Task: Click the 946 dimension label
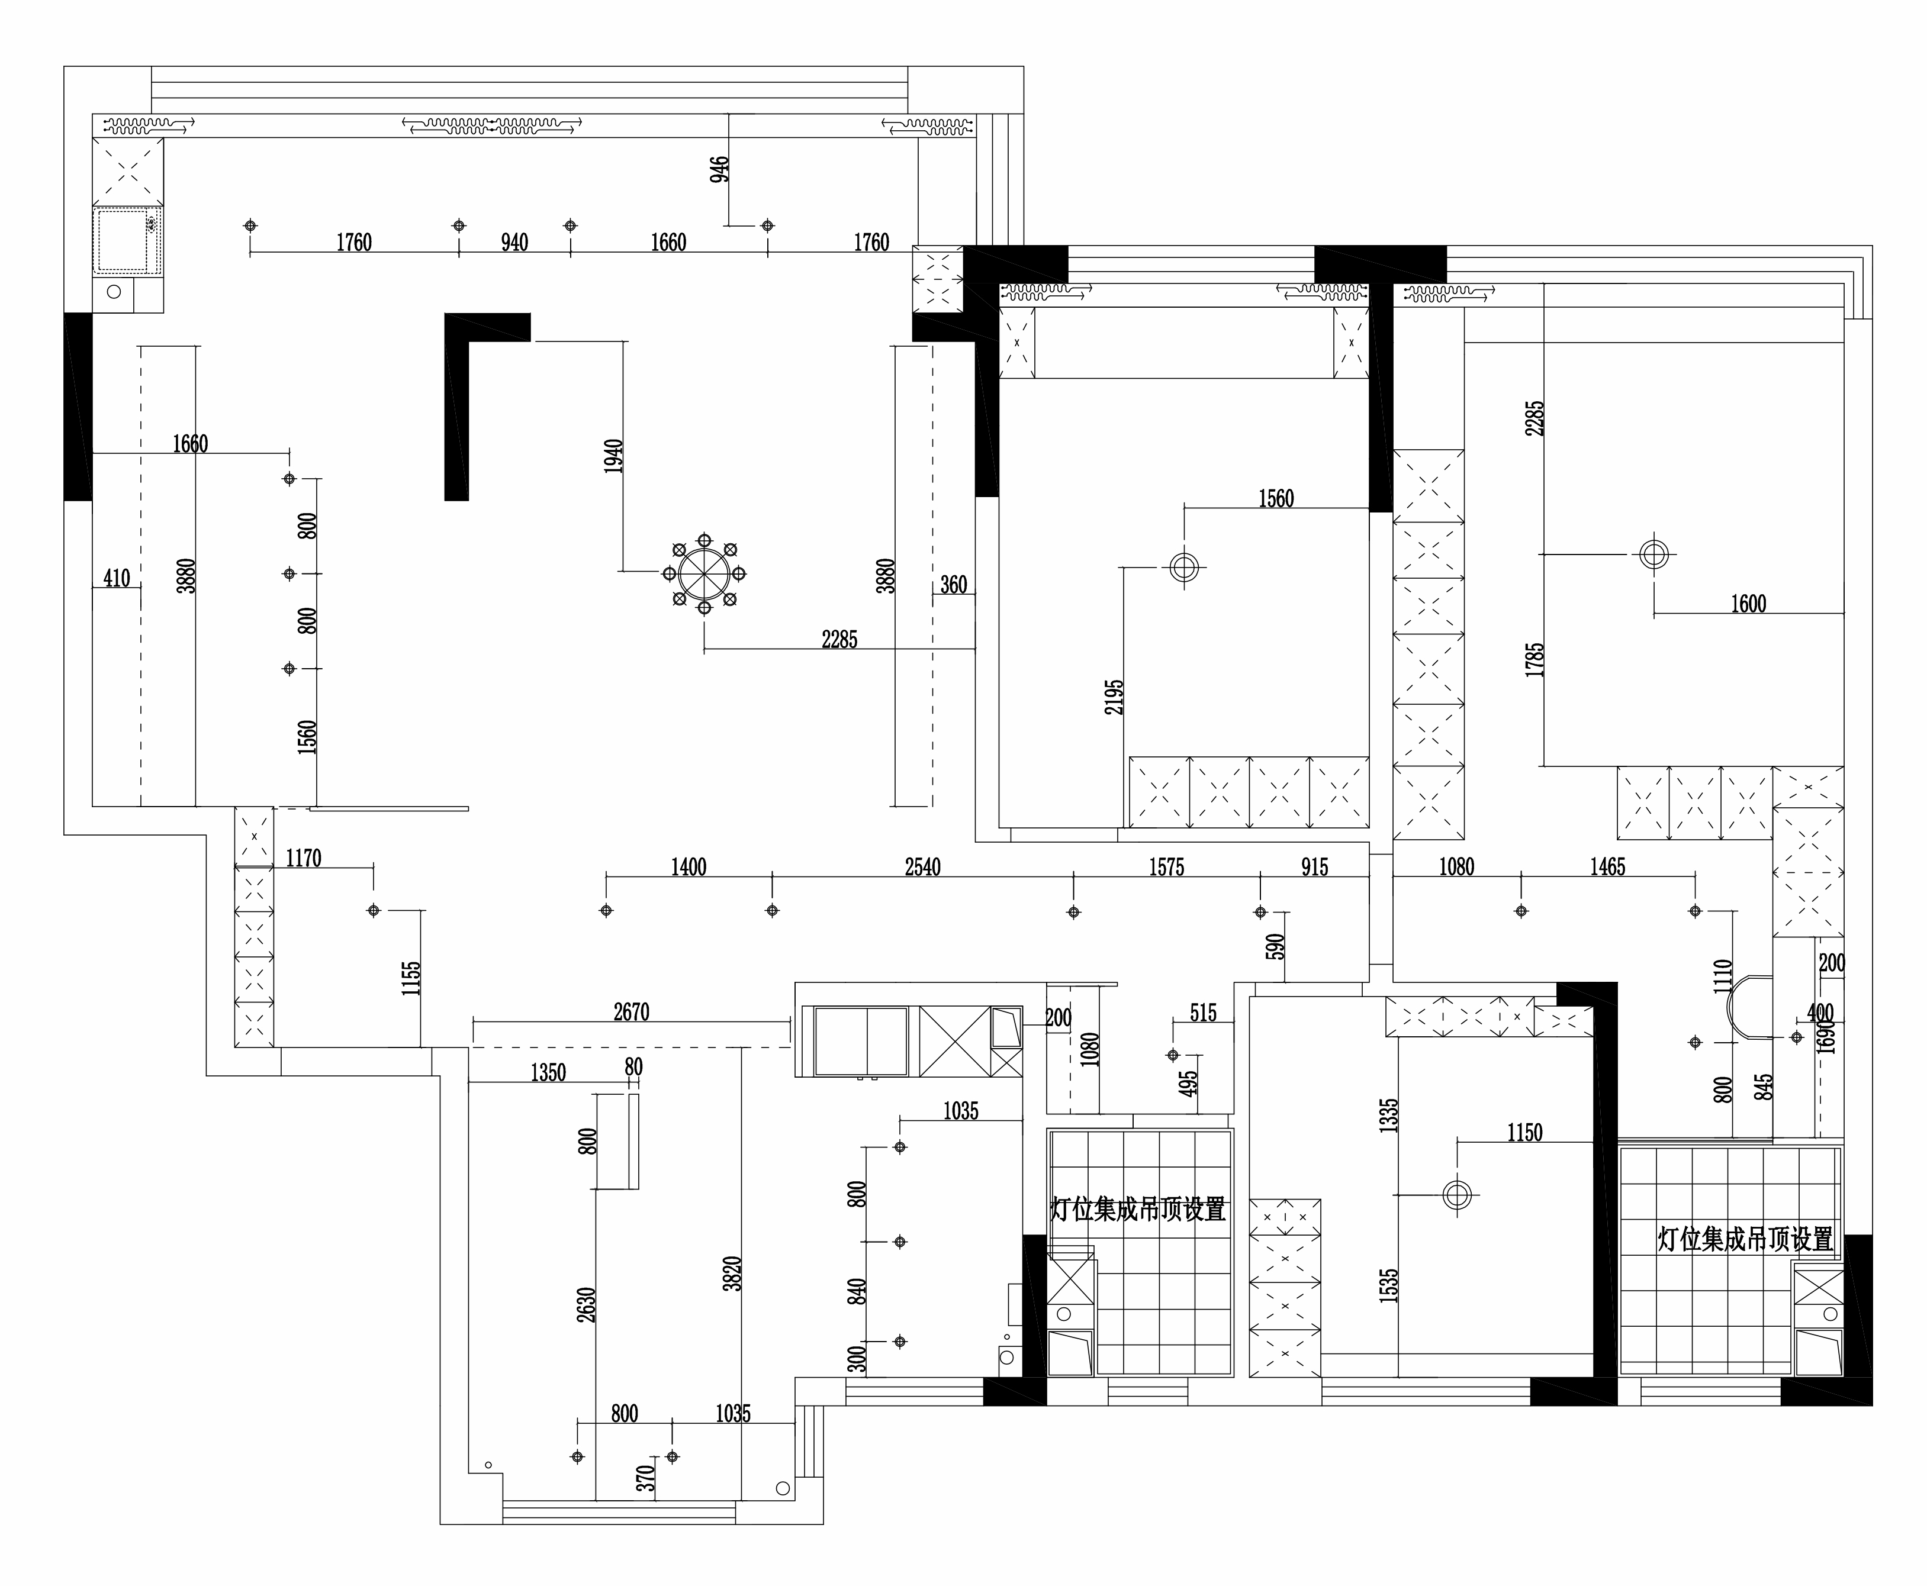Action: click(720, 169)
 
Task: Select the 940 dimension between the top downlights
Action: click(514, 242)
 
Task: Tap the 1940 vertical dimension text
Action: click(613, 456)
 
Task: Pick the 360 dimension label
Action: click(953, 585)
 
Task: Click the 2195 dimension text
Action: click(1114, 696)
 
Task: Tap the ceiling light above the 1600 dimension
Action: click(1654, 554)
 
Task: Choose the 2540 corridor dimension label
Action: click(923, 867)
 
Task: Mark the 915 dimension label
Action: click(1315, 867)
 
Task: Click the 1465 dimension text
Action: click(1608, 867)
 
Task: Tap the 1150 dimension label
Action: click(1525, 1133)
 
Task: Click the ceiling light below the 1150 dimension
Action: click(1458, 1194)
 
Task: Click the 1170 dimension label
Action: click(303, 859)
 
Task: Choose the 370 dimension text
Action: click(646, 1478)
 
